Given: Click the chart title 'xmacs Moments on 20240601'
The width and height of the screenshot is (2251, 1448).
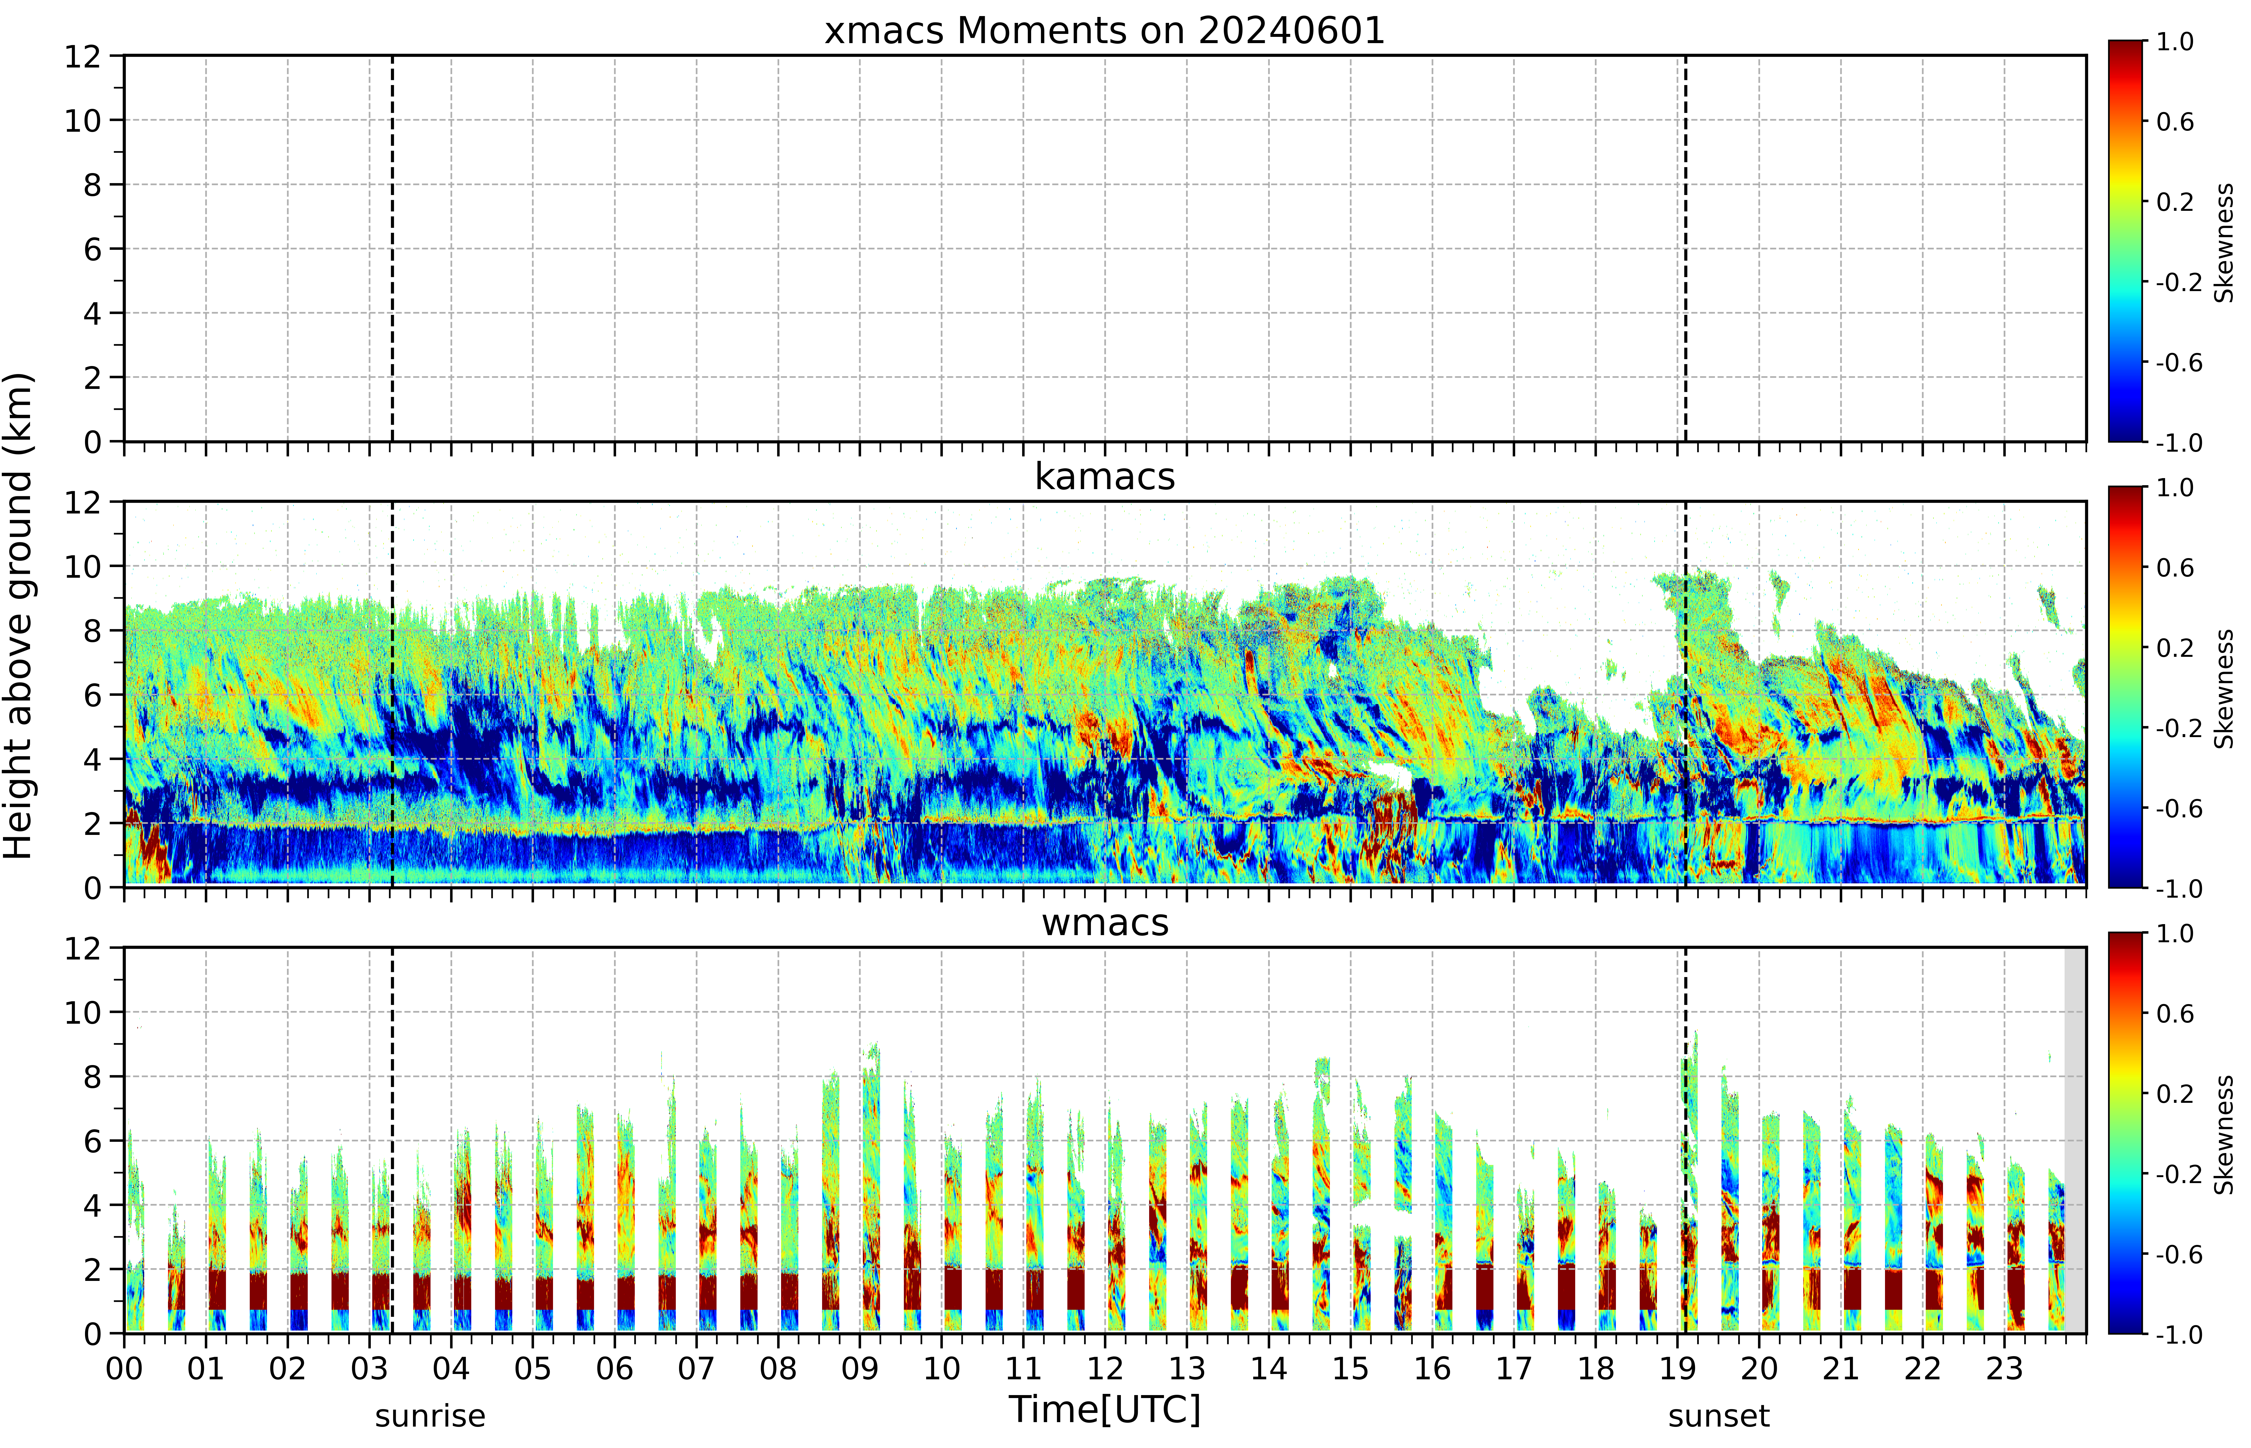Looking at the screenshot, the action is (x=1105, y=31).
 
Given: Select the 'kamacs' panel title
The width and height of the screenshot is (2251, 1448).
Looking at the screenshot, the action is (x=1105, y=477).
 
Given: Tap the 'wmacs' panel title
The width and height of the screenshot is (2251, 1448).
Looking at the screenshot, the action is (x=1105, y=922).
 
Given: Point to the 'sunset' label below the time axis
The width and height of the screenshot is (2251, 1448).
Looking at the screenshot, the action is (x=1719, y=1416).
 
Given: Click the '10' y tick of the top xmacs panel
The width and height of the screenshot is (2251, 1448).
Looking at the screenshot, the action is (x=83, y=120).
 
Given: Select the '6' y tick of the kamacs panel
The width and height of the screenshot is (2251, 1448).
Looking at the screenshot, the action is (x=92, y=695).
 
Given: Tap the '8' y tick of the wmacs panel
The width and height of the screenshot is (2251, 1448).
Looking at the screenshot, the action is (x=92, y=1077).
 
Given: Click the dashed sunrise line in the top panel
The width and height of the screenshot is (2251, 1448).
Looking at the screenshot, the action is (x=392, y=248).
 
